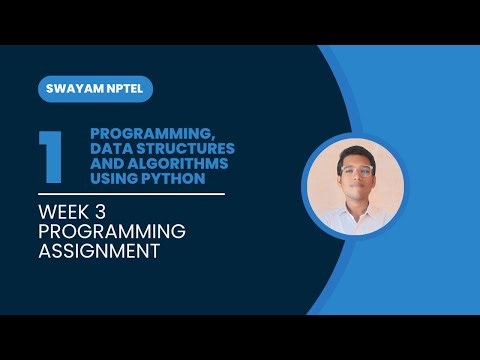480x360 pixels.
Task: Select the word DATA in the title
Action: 110,147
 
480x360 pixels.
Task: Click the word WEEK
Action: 65,211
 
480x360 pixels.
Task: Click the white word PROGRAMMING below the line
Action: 112,231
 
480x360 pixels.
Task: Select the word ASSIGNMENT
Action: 99,251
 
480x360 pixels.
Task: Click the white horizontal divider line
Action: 131,195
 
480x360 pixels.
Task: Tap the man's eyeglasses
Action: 355,171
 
